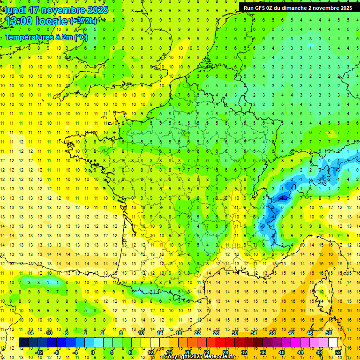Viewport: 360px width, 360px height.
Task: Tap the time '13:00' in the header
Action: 19,21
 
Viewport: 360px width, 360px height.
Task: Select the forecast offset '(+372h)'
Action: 83,21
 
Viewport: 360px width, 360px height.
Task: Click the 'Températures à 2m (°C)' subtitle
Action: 46,37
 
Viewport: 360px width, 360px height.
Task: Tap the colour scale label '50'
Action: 329,333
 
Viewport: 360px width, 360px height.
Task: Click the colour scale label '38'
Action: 272,333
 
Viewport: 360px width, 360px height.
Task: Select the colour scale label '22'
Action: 197,333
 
